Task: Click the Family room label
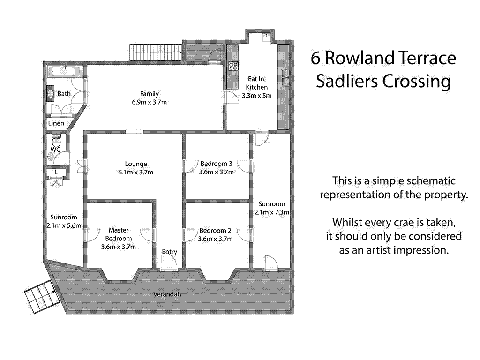pos(149,94)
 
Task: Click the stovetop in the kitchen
pos(233,66)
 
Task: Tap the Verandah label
pos(167,294)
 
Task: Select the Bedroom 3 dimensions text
pos(216,172)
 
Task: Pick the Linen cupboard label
pos(56,123)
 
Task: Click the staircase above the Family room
pos(147,52)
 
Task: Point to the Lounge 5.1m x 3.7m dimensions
pos(136,172)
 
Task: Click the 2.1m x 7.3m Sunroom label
pos(271,208)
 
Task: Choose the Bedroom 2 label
pos(216,231)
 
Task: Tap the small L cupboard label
pos(56,172)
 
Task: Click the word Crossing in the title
pos(417,81)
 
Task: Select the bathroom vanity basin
pos(50,93)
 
